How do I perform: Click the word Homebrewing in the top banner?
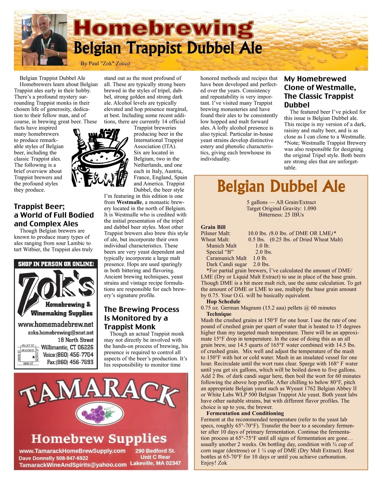tap(163, 28)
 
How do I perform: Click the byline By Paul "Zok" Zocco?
tap(105, 63)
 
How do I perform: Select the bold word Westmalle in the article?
tap(129, 202)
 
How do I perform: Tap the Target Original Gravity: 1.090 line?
tap(281, 209)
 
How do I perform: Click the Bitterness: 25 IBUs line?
tap(281, 215)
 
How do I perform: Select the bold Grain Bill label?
tap(213, 227)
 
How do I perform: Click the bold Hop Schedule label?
tap(223, 301)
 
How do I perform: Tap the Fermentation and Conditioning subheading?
tap(245, 413)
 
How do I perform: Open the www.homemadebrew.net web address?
tap(56, 324)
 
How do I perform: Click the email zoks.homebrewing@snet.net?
tap(60, 333)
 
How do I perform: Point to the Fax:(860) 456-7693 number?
tap(70, 362)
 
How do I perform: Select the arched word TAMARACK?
tap(97, 393)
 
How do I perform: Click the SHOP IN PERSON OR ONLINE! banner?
tap(56, 264)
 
